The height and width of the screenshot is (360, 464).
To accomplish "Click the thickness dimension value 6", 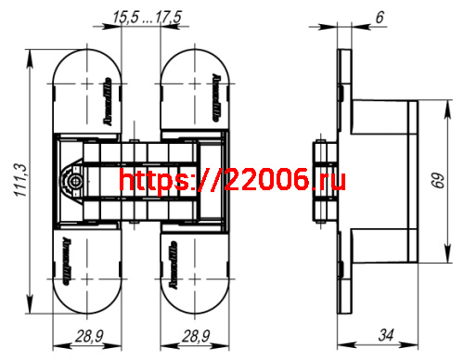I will pyautogui.click(x=354, y=16).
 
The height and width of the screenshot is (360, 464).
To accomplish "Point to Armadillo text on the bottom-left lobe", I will pyautogui.click(x=68, y=259).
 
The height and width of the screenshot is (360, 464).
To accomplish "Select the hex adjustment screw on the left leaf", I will pyautogui.click(x=72, y=182).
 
